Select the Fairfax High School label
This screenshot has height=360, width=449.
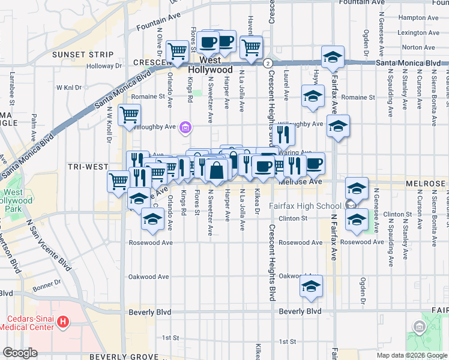click(x=304, y=206)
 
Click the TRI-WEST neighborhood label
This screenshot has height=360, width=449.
click(x=88, y=167)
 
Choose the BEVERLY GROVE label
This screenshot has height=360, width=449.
click(x=123, y=356)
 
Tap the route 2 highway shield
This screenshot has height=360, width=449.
click(x=267, y=62)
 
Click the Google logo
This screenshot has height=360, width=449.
click(x=20, y=353)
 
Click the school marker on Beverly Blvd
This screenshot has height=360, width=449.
click(x=311, y=286)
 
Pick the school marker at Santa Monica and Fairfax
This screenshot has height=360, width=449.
click(x=331, y=58)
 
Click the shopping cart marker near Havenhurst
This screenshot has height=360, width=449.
click(x=251, y=46)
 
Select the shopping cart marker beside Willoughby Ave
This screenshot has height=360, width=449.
click(x=129, y=115)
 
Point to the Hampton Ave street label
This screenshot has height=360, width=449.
click(x=420, y=18)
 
